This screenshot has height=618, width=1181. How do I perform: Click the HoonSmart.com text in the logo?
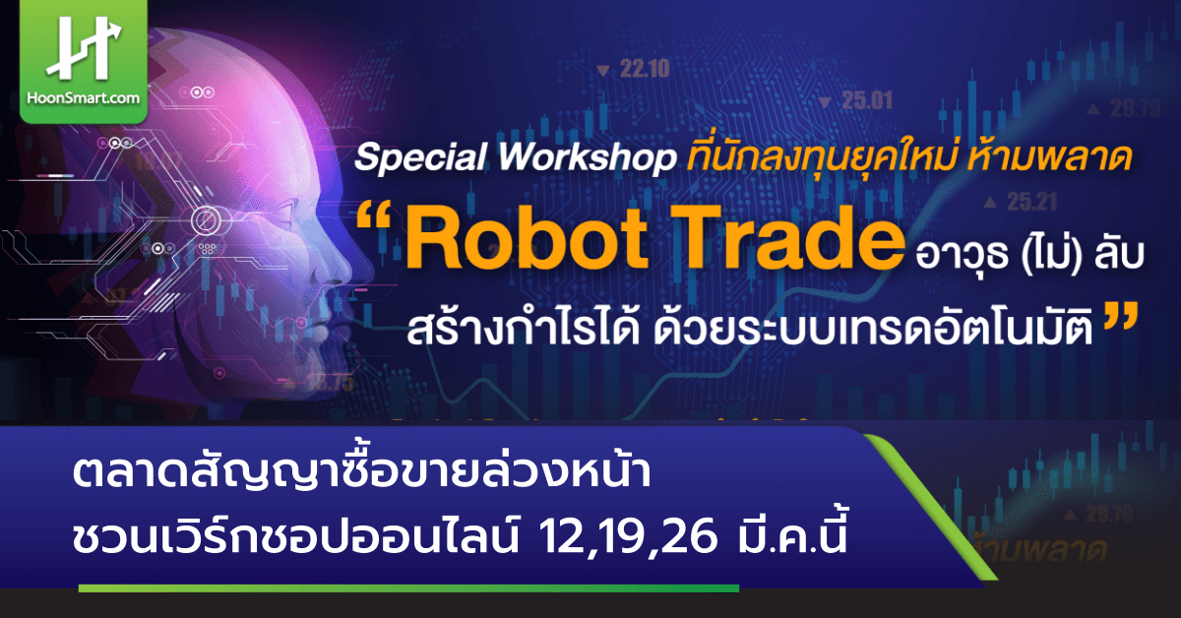click(x=84, y=98)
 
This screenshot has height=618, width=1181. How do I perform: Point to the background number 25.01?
click(x=866, y=99)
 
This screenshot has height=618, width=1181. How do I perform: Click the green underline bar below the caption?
click(x=408, y=588)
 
